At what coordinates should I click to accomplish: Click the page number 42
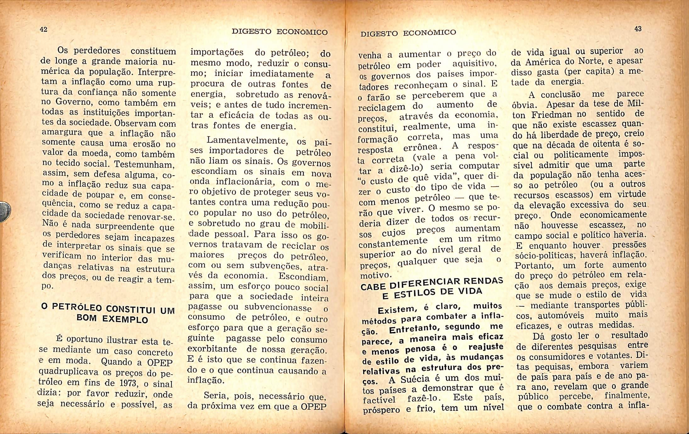[43, 30]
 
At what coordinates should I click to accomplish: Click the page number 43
[638, 29]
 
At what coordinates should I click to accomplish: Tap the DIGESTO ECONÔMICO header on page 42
[280, 32]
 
